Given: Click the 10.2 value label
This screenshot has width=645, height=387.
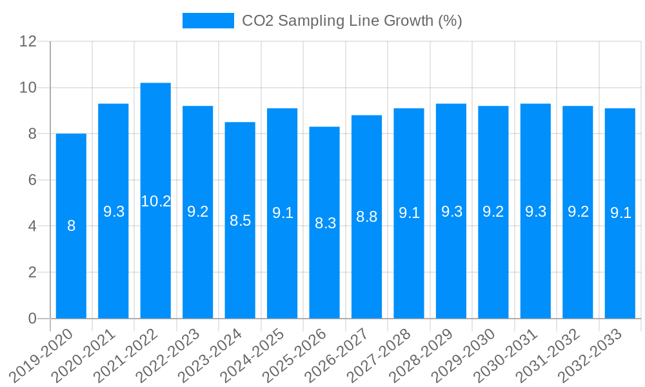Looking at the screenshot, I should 155,201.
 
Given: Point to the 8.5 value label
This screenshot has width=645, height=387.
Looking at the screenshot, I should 240,221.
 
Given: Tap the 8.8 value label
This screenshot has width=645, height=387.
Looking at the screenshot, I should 366,217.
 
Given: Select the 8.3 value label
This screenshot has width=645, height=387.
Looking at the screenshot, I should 324,223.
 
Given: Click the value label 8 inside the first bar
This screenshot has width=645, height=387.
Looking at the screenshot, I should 71,226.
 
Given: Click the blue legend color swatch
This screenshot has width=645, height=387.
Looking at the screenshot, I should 208,21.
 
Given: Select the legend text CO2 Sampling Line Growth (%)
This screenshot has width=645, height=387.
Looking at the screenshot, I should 352,21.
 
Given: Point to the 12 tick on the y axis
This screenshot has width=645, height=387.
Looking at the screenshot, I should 28,41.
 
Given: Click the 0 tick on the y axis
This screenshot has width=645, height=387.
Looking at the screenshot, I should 32,319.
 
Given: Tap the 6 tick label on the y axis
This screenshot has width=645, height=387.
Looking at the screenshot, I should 32,180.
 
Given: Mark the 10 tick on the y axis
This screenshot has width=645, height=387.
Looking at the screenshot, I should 28,88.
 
